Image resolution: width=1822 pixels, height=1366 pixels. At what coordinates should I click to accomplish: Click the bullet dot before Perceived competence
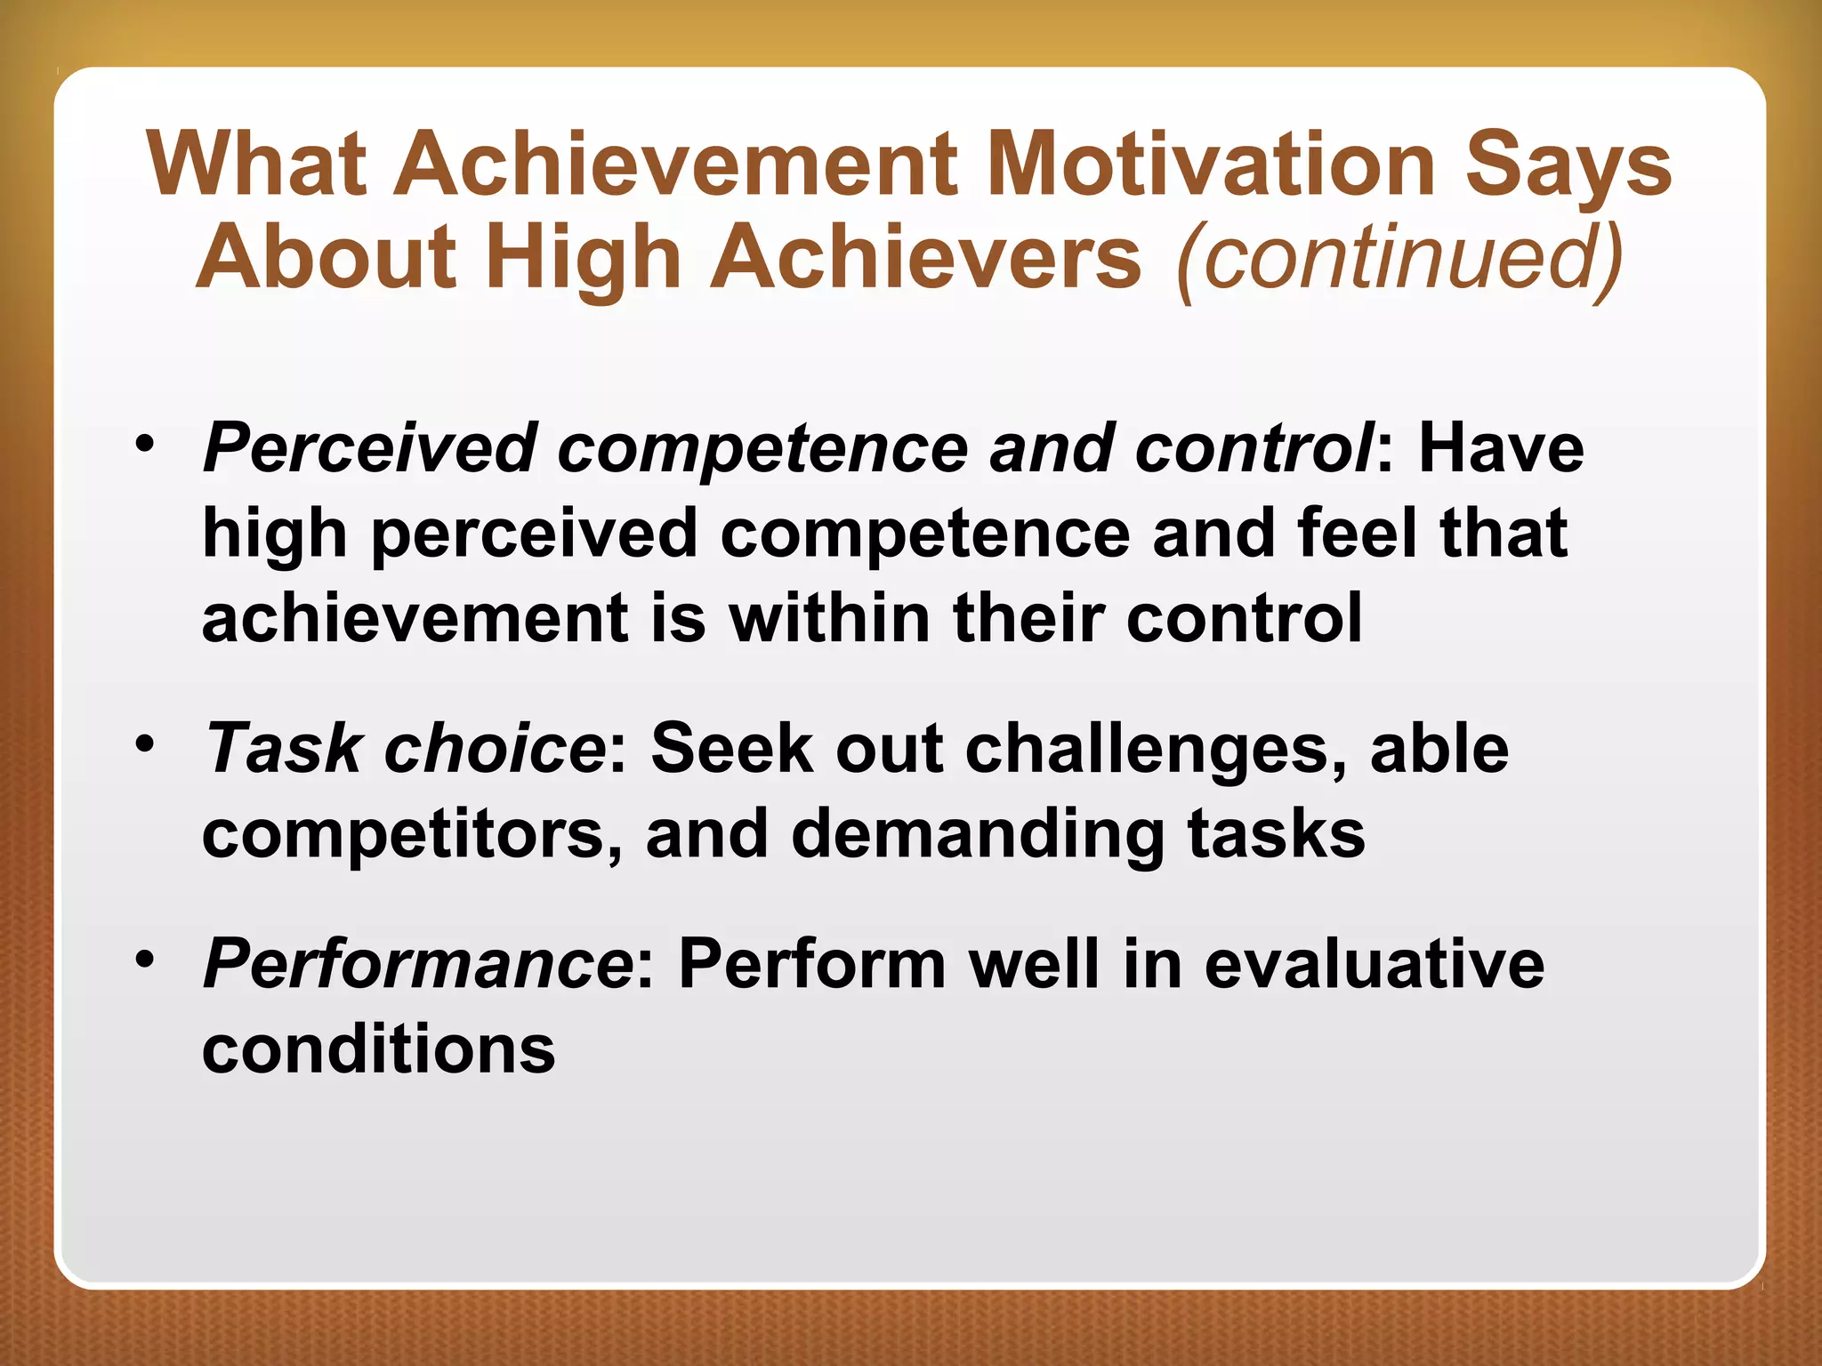(145, 442)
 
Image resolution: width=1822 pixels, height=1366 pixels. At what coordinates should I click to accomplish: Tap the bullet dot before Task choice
(145, 743)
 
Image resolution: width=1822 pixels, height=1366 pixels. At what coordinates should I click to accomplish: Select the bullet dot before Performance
(145, 959)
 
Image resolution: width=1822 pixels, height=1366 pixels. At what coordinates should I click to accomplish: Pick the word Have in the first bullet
(1501, 447)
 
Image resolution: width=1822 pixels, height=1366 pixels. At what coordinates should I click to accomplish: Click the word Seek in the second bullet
(731, 749)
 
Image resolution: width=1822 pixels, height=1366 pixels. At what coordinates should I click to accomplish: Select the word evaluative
(1374, 965)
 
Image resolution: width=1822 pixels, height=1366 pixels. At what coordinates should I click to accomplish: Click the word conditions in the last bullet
(379, 1050)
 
